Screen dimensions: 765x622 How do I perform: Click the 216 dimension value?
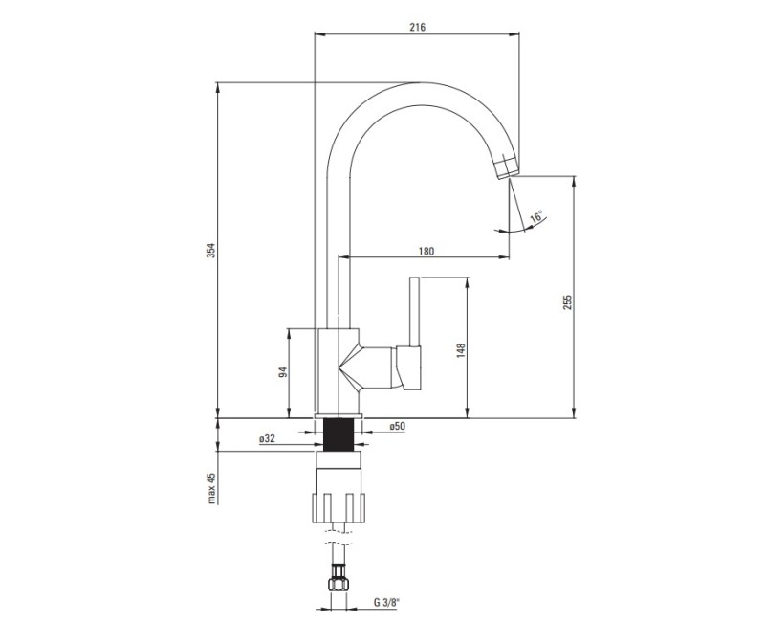(417, 28)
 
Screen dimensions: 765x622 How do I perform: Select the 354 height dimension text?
(211, 251)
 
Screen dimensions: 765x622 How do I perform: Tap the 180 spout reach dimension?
(426, 251)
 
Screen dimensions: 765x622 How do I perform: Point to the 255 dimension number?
(566, 302)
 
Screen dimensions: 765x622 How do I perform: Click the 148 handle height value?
(461, 351)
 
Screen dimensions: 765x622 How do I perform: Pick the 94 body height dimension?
(282, 372)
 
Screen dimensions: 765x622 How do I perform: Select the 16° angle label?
(536, 216)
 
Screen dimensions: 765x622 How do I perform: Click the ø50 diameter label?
(397, 426)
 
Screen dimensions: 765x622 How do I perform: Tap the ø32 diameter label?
(268, 438)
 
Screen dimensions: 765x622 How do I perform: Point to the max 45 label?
(211, 488)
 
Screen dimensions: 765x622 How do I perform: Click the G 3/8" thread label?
(386, 603)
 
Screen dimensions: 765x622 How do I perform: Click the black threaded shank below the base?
(339, 434)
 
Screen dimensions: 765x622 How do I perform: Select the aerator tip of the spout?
(507, 167)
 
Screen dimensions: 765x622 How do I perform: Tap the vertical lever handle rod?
(415, 312)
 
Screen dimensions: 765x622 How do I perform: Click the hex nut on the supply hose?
(339, 584)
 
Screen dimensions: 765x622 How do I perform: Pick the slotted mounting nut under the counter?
(339, 508)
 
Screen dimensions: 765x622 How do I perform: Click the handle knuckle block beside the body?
(408, 367)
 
